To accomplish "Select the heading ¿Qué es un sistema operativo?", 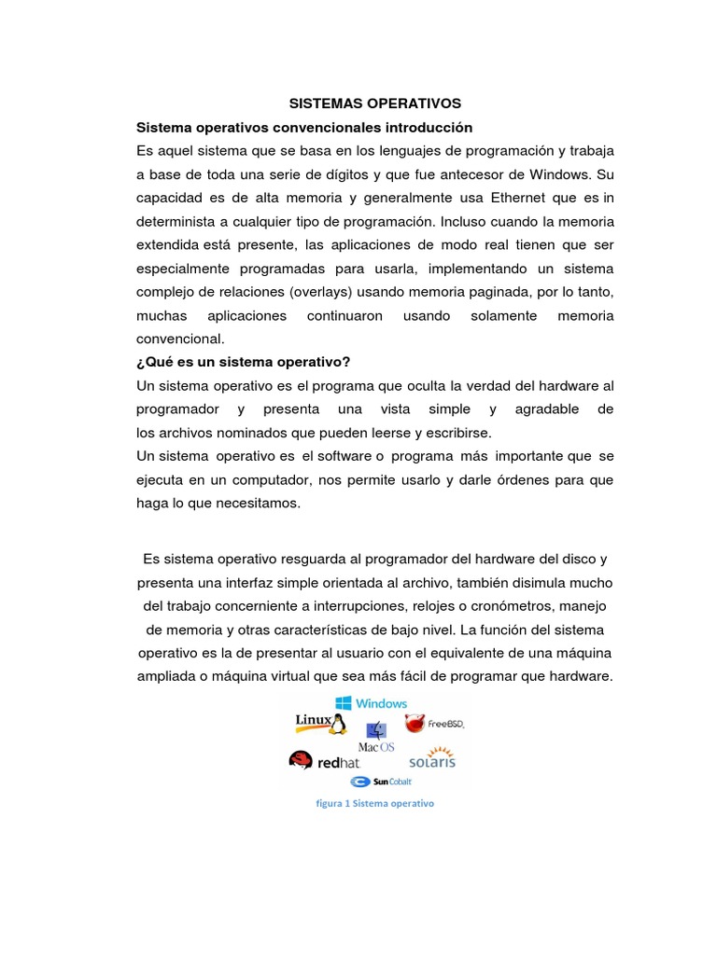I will coord(243,361).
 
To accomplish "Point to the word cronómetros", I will coord(506,606).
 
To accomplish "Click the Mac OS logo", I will coord(377,738).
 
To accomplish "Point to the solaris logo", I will coord(430,759).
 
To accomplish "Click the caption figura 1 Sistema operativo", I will coord(375,803).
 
